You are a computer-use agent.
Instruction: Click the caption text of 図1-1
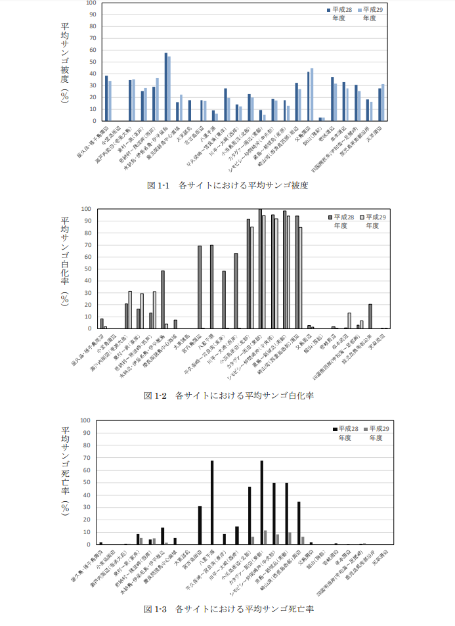click(x=227, y=185)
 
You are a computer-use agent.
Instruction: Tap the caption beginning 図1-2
click(x=227, y=395)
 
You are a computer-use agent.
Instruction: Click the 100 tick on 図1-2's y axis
click(x=85, y=209)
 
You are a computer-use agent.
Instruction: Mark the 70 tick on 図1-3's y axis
click(x=86, y=457)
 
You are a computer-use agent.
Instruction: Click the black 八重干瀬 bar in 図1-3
click(x=212, y=503)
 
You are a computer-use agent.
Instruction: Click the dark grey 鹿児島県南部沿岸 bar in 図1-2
click(x=370, y=316)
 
